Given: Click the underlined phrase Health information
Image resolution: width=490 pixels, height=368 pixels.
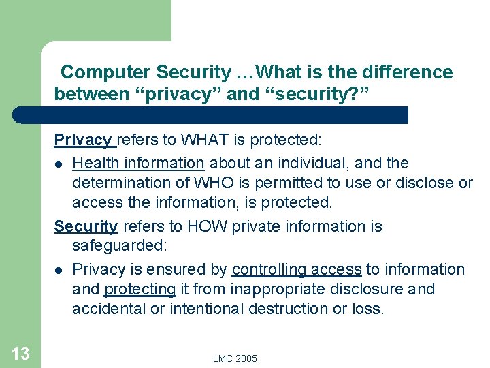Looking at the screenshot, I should click(138, 163).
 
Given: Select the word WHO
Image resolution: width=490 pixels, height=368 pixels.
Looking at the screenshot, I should click(195, 183).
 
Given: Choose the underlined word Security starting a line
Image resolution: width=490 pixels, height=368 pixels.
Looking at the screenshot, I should click(86, 226).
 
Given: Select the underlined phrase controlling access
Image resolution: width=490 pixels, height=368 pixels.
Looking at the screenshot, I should click(297, 269).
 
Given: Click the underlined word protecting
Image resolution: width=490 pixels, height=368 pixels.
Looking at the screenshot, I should click(140, 289).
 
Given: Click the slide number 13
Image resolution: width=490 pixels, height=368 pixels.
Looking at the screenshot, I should click(20, 353).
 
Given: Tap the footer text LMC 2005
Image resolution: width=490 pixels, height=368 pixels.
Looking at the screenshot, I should click(235, 358).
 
